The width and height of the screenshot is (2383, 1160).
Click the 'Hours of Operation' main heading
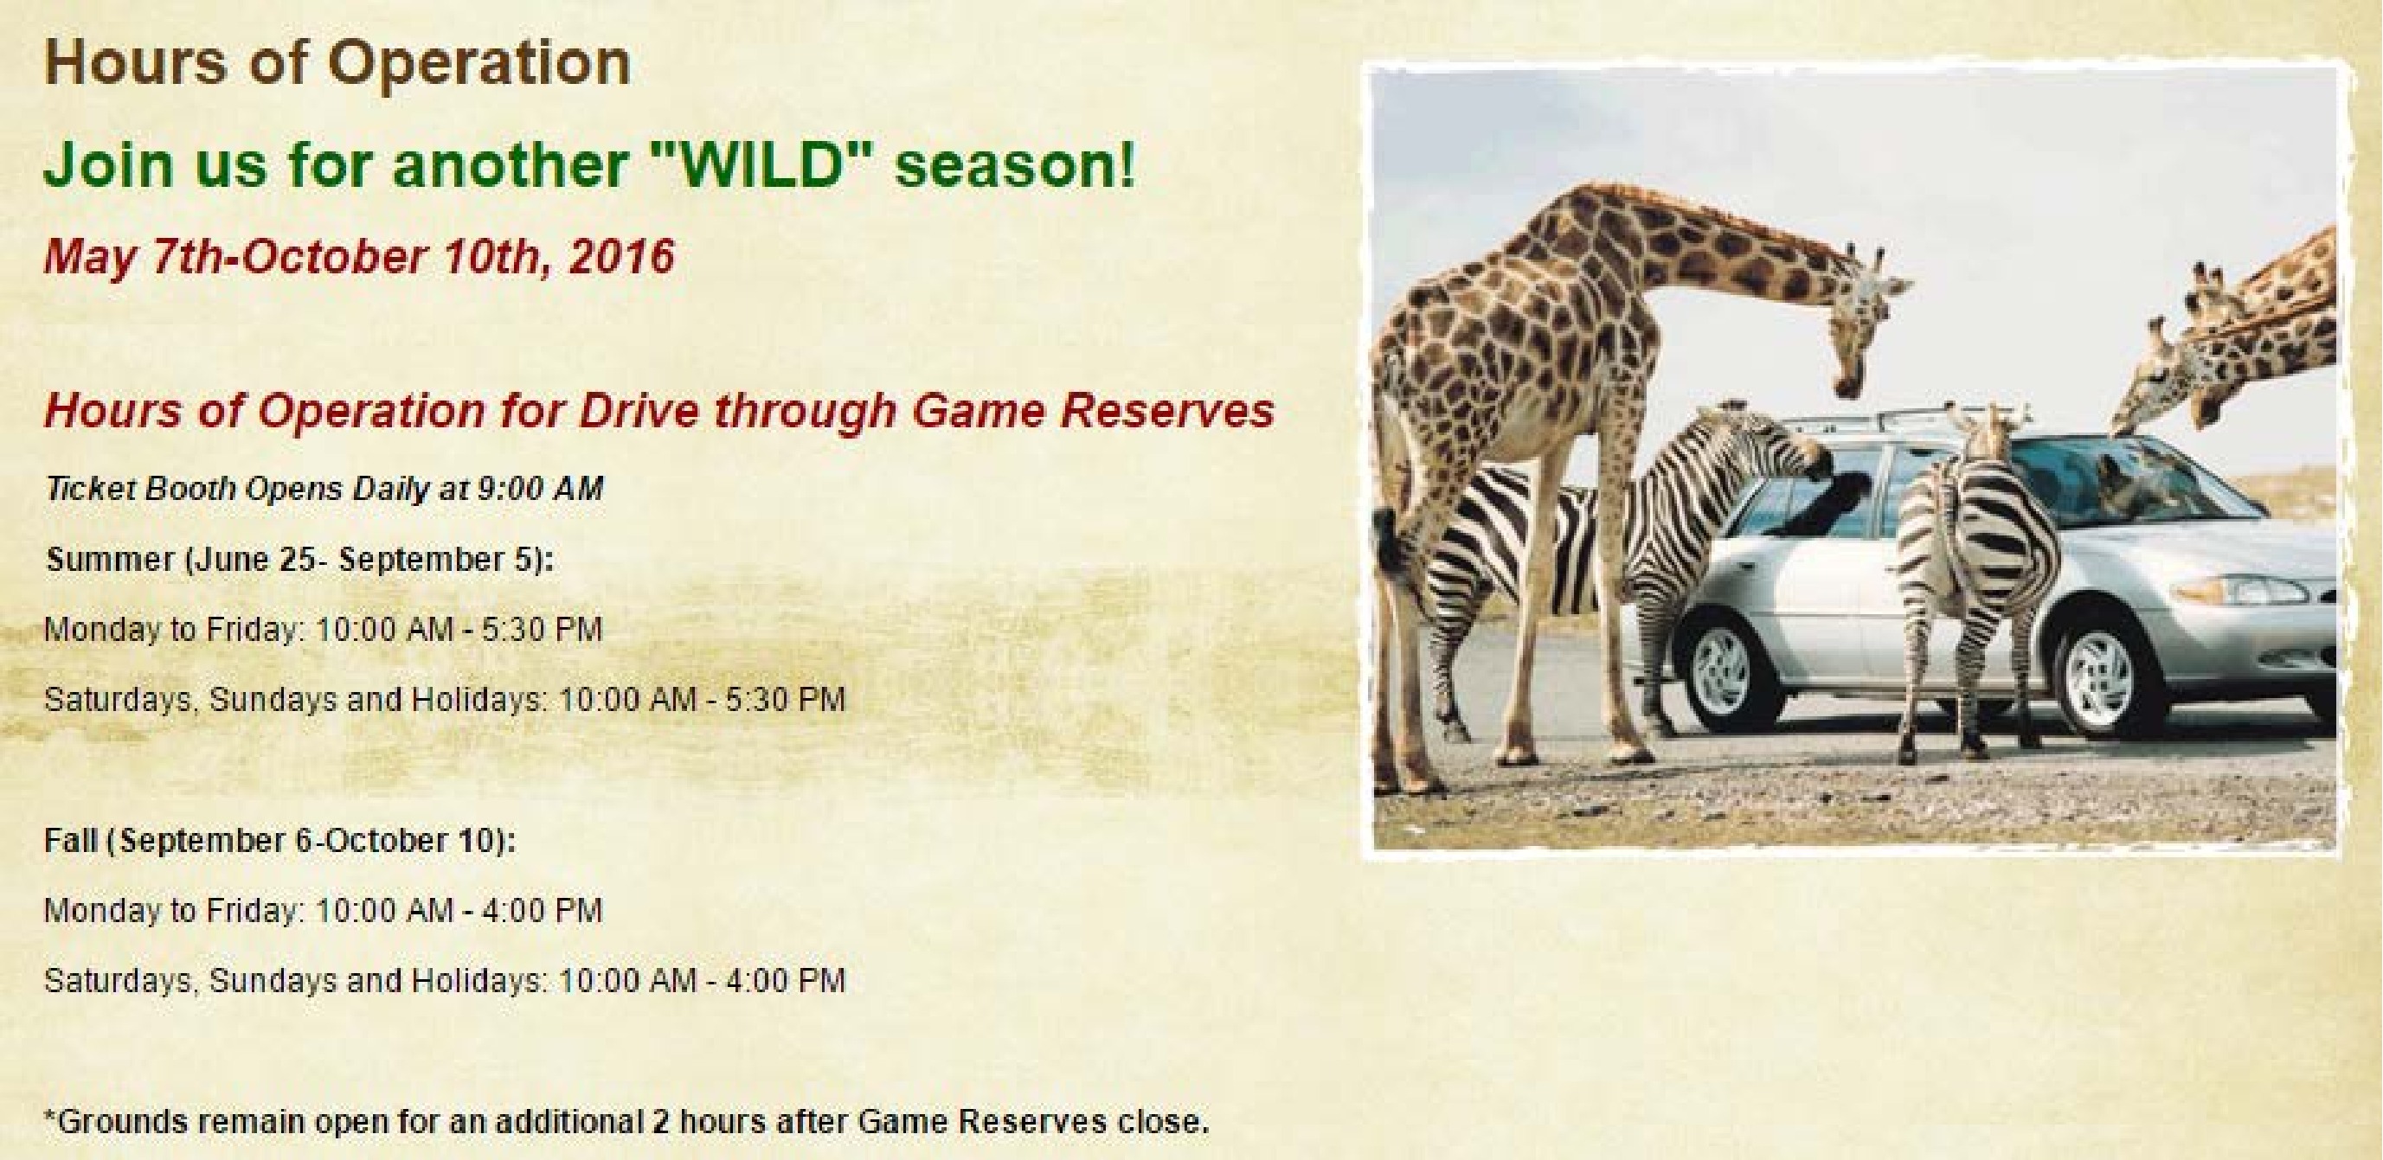pyautogui.click(x=337, y=62)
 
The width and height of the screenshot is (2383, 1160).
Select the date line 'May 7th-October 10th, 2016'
pyautogui.click(x=360, y=256)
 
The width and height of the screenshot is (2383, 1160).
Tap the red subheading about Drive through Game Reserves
pyautogui.click(x=659, y=411)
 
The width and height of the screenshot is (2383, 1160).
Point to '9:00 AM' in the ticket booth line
pyautogui.click(x=540, y=489)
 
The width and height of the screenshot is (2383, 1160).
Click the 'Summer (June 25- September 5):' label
pyautogui.click(x=299, y=560)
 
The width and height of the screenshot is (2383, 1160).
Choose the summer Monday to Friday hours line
pyautogui.click(x=324, y=630)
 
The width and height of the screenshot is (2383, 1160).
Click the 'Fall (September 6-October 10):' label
pyautogui.click(x=280, y=841)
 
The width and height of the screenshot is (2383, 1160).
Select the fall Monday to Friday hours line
pyautogui.click(x=324, y=911)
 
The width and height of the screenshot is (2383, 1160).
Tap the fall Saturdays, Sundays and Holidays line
pyautogui.click(x=445, y=981)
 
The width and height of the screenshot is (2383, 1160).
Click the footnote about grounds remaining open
pyautogui.click(x=627, y=1122)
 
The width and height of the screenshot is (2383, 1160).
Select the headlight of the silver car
pyautogui.click(x=2280, y=588)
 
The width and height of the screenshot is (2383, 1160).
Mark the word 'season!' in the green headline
pyautogui.click(x=1015, y=163)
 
